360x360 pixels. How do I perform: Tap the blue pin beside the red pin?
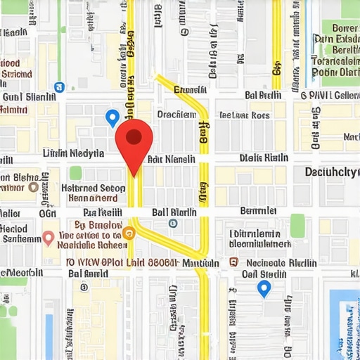point(111,117)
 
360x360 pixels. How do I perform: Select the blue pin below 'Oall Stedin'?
point(264,288)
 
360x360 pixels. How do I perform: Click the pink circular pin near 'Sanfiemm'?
point(48,238)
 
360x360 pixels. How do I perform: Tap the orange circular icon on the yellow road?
point(128,232)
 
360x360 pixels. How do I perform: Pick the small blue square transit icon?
point(59,87)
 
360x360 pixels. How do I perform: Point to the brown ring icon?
point(33,187)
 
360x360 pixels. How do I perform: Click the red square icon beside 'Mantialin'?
point(235,262)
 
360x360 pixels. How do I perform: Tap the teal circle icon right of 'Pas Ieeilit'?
point(174,224)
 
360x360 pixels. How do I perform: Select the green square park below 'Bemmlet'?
point(297,225)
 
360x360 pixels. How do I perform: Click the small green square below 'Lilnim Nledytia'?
point(75,172)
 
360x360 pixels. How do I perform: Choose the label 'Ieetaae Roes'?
point(244,115)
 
